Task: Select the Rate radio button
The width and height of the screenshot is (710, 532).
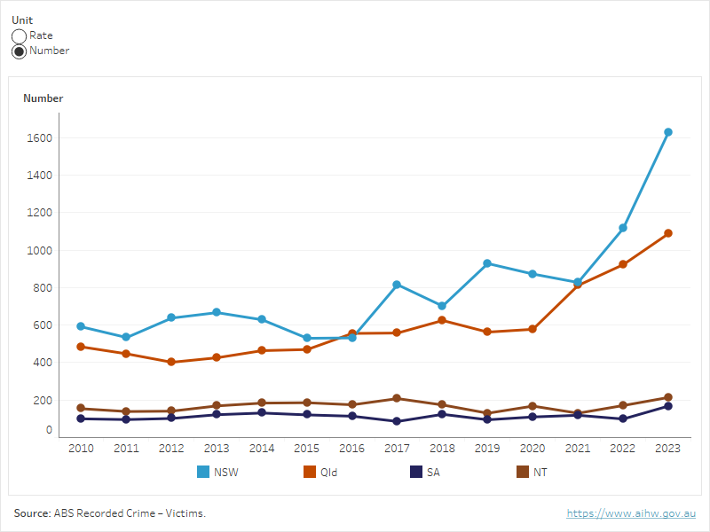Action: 19,36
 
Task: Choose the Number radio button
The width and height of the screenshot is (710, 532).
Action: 19,51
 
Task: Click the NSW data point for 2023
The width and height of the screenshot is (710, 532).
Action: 668,132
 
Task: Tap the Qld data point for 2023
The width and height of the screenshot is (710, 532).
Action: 668,233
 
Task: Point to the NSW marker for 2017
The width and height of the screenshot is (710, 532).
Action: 397,285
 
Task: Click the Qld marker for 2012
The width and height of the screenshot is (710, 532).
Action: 171,362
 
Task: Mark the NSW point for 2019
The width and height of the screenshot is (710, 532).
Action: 487,263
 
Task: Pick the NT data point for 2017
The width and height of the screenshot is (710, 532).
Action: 397,398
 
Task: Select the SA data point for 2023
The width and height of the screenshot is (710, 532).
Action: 668,406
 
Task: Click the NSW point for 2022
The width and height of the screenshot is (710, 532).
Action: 623,228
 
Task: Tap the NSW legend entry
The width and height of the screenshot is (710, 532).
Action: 217,473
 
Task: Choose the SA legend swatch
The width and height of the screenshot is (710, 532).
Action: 414,473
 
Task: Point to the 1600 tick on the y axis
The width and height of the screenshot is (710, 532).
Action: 40,138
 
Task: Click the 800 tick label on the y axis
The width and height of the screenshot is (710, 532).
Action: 43,288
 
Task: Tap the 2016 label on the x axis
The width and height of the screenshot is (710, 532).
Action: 351,449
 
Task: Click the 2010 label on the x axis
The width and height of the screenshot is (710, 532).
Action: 81,449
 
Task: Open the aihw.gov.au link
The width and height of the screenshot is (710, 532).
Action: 631,513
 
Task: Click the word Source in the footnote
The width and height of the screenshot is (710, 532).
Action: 31,513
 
